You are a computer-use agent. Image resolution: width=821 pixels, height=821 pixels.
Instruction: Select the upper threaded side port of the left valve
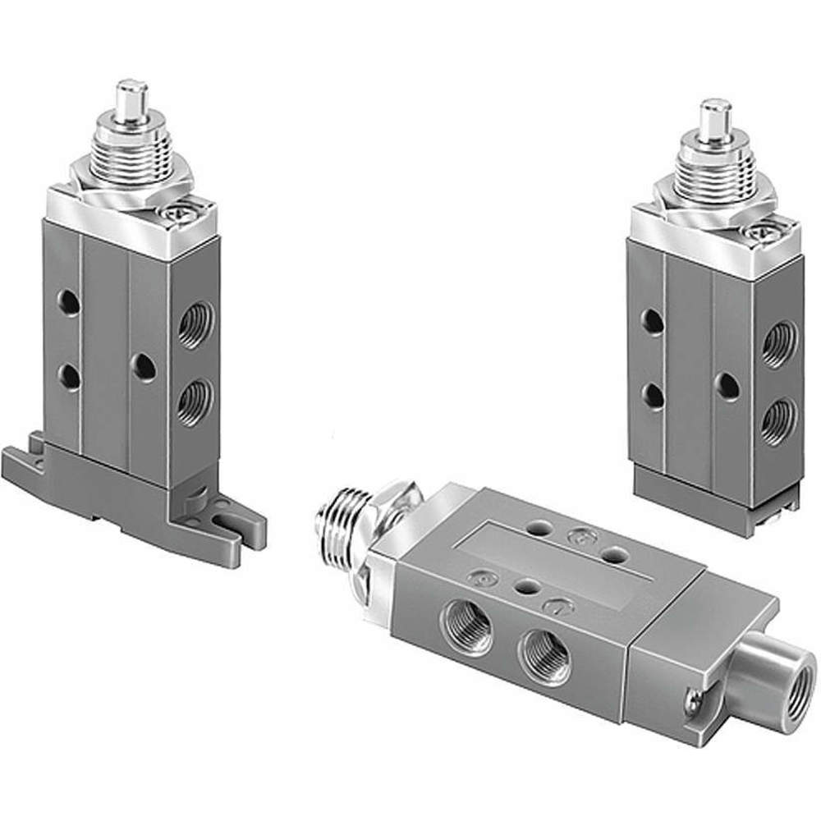pyautogui.click(x=195, y=325)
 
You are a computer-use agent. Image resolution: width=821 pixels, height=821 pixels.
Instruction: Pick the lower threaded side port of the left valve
pyautogui.click(x=195, y=400)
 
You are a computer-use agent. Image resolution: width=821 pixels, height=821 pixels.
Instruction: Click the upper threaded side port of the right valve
pyautogui.click(x=777, y=343)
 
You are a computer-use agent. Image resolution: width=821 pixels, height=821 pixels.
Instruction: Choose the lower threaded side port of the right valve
pyautogui.click(x=777, y=420)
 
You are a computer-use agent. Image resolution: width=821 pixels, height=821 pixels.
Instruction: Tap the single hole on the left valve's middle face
pyautogui.click(x=144, y=367)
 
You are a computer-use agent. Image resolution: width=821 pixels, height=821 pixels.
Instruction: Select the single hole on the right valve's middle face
pyautogui.click(x=726, y=386)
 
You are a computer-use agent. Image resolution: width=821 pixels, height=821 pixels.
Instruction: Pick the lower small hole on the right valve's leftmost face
pyautogui.click(x=653, y=396)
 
